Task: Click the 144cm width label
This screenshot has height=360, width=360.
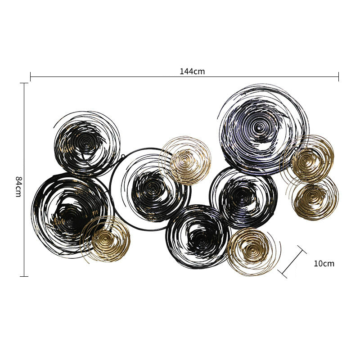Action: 192,72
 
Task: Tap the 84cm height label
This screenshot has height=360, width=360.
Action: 18,186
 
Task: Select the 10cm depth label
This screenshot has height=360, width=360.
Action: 324,263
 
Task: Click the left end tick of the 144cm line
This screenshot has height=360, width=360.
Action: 31,76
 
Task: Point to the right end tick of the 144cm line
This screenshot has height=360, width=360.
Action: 338,76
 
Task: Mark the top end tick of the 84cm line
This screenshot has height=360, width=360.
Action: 24,83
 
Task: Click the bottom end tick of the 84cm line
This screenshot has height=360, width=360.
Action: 24,276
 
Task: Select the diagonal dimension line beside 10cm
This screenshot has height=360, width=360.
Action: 292,262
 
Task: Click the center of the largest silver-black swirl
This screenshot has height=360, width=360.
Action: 260,127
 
